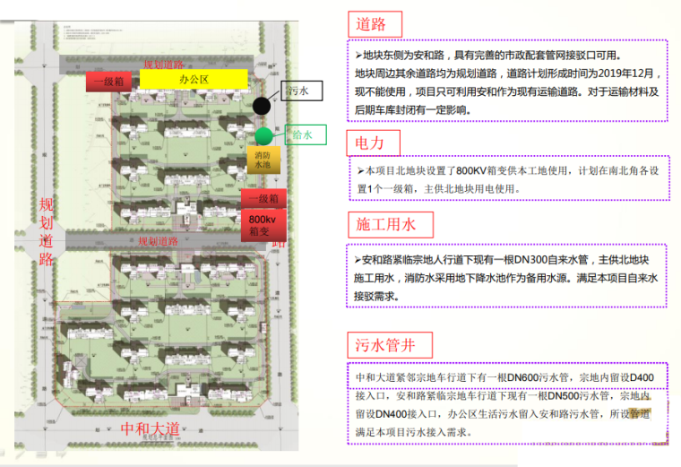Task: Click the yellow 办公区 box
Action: point(193,80)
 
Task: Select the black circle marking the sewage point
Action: point(262,106)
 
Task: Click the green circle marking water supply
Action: point(263,136)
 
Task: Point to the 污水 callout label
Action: point(298,91)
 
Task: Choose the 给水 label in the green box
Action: point(306,136)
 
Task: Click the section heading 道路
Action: point(375,23)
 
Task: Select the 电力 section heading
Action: point(375,142)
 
